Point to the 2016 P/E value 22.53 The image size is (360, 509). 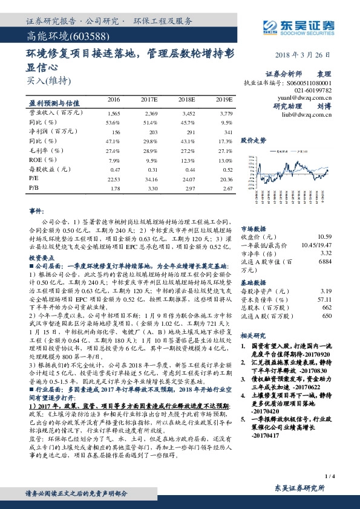pos(114,179)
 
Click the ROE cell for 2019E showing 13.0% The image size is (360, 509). pos(224,160)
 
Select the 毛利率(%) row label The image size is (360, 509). pos(46,151)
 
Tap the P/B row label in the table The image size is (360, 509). pos(34,188)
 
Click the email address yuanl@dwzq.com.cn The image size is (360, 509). pos(313,96)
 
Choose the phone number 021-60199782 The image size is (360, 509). pos(313,89)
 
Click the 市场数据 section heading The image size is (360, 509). pos(254,229)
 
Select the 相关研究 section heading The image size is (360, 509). pos(254,334)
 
